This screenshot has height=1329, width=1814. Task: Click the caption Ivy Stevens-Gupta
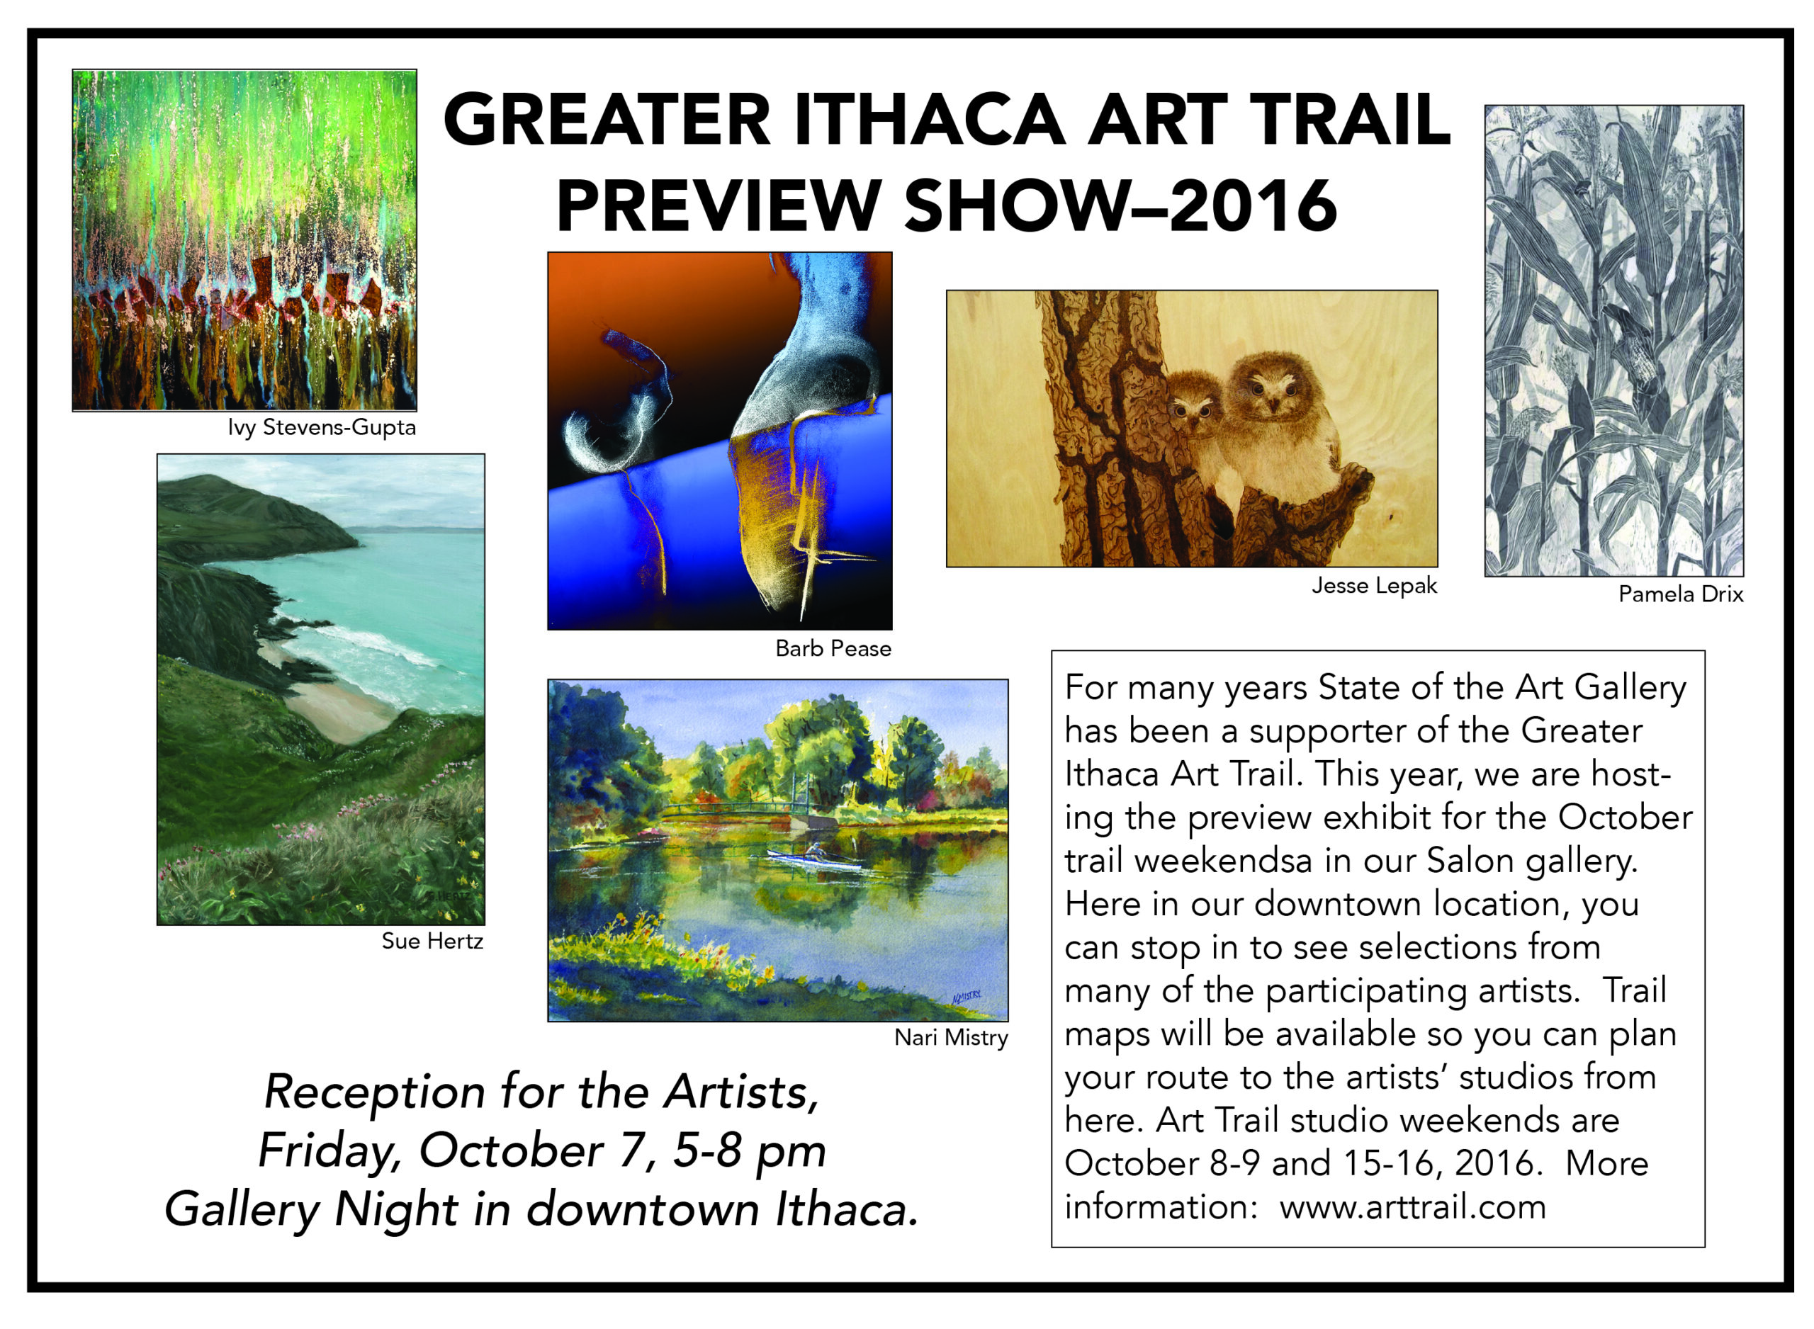pyautogui.click(x=322, y=427)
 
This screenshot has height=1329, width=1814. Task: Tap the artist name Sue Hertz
pyautogui.click(x=432, y=941)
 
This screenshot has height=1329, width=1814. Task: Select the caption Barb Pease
pyautogui.click(x=833, y=648)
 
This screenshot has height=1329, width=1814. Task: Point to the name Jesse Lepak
pyautogui.click(x=1373, y=586)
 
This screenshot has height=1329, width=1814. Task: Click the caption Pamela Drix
pyautogui.click(x=1681, y=594)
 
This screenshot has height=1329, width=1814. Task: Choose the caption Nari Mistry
pyautogui.click(x=951, y=1038)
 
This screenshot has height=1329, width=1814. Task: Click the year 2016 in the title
pyautogui.click(x=1253, y=206)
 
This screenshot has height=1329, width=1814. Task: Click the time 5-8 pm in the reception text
pyautogui.click(x=750, y=1151)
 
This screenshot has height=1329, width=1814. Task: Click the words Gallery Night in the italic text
pyautogui.click(x=311, y=1210)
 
